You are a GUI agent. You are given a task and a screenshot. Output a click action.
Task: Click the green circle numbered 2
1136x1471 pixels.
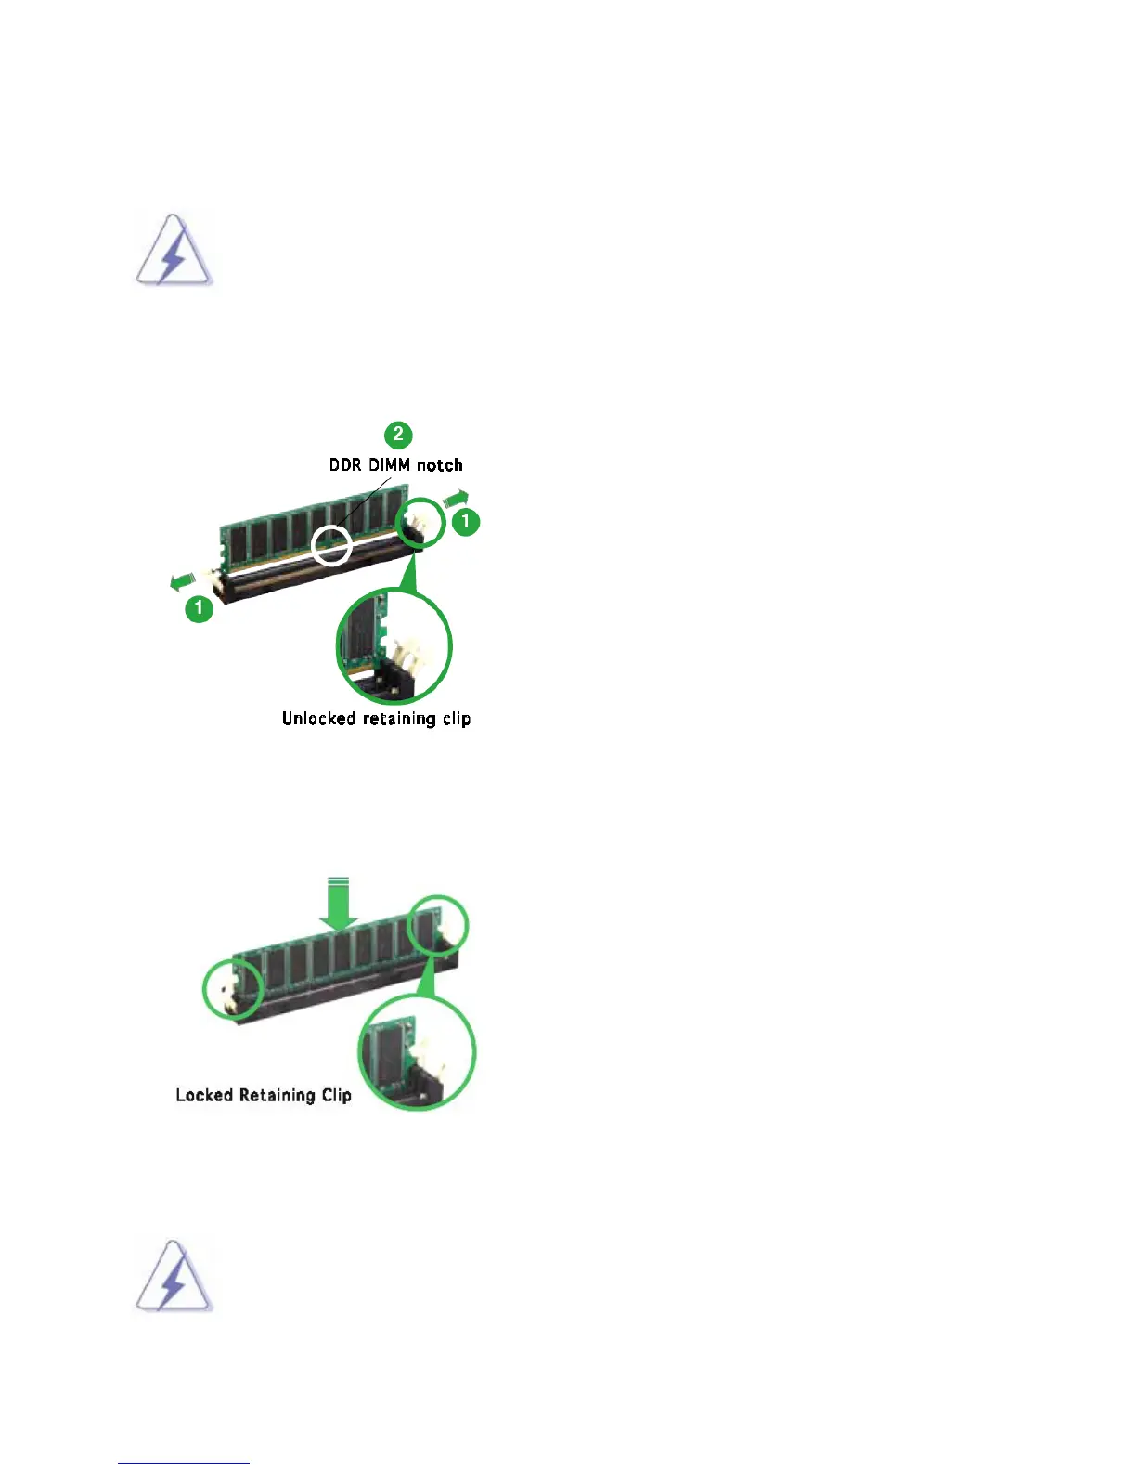[398, 434]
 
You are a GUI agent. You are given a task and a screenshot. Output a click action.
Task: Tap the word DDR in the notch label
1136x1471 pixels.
[345, 465]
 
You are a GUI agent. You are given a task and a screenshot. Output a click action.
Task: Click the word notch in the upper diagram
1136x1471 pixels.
[439, 465]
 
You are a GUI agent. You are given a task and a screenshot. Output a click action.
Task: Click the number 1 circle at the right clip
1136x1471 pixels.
[465, 522]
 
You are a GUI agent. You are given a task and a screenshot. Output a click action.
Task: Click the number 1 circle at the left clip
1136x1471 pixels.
[199, 609]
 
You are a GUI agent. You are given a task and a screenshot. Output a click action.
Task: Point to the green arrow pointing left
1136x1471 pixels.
[182, 582]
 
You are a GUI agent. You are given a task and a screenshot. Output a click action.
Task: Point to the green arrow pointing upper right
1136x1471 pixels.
[456, 499]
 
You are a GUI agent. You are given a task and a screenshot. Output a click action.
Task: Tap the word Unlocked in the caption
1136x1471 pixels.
[319, 719]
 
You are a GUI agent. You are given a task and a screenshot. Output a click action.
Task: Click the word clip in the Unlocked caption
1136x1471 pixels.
[457, 720]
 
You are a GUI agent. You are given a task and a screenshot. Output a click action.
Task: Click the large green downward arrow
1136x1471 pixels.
[339, 905]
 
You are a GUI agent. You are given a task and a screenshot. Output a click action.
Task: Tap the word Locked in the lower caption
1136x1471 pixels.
[204, 1095]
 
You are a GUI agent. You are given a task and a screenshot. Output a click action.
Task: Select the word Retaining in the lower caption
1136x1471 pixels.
[278, 1096]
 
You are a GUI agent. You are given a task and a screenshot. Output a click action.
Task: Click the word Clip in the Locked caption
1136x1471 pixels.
[337, 1095]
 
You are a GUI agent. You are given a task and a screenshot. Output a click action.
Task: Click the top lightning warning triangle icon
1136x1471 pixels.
[174, 253]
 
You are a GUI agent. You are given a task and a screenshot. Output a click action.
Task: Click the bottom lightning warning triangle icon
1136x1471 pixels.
[174, 1277]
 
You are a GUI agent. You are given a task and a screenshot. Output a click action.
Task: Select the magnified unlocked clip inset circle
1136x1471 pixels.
[394, 645]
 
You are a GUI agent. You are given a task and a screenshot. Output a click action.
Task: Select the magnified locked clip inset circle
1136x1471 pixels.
[417, 1051]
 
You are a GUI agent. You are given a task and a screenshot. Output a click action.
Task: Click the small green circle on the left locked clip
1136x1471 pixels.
[232, 989]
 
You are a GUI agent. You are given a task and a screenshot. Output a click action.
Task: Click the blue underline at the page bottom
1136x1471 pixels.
[184, 1463]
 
